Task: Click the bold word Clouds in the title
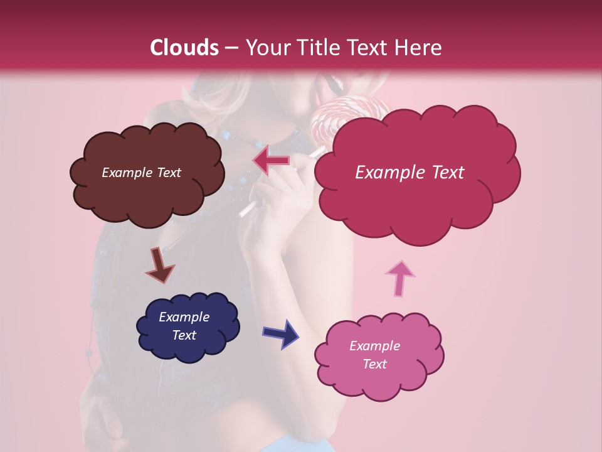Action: click(184, 48)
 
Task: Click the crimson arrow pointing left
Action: click(272, 161)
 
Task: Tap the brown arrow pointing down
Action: click(159, 265)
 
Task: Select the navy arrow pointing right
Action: click(280, 333)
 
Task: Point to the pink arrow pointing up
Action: click(399, 277)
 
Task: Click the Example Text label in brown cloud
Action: click(141, 173)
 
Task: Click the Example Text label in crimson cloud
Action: click(409, 173)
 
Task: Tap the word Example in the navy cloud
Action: click(184, 317)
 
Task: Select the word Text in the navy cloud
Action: click(184, 335)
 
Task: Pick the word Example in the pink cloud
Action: click(374, 346)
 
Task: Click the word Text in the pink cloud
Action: click(374, 364)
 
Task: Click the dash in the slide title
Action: click(231, 48)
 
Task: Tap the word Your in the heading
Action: click(267, 48)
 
